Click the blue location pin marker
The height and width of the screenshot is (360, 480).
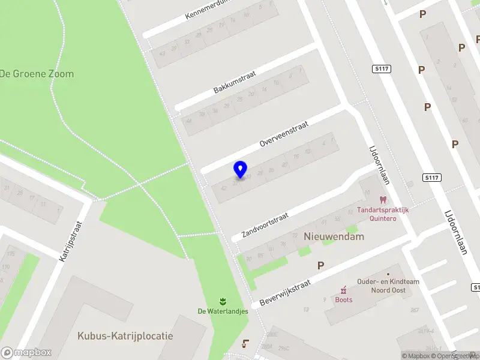(240, 170)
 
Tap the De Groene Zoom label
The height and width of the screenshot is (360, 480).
(37, 74)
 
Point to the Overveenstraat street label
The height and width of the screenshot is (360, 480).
(284, 134)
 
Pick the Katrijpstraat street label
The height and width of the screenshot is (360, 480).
(71, 241)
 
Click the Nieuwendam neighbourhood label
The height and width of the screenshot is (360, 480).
(334, 236)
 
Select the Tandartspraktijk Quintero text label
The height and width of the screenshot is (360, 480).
(383, 214)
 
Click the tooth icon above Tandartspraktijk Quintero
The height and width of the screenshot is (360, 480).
(382, 200)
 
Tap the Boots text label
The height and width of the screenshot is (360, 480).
(344, 299)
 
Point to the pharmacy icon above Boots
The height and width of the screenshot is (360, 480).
(344, 289)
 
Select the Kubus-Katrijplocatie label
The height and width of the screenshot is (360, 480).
(125, 335)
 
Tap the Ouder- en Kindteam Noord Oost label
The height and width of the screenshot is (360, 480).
(382, 286)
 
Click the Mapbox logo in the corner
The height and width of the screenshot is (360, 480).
(27, 353)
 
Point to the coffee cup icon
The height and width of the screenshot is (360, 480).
(245, 343)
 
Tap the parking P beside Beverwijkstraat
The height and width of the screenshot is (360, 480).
(321, 265)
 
